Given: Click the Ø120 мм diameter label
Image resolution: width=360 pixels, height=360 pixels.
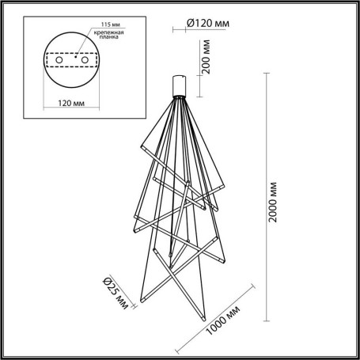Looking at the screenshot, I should pos(208,25).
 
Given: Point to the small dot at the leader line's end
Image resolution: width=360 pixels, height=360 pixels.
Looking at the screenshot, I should pos(77,58).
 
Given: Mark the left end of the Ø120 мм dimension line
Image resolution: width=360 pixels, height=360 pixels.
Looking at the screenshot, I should pos(173,32).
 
